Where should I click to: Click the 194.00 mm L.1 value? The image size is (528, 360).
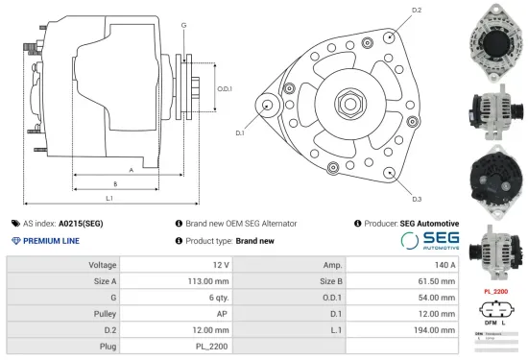coord(402,329)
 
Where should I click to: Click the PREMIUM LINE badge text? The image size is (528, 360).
coord(52,241)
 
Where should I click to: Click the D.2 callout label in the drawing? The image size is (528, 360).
coord(416,10)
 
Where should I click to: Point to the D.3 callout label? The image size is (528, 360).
coord(416,199)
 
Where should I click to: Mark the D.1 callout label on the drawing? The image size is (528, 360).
coord(239,132)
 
